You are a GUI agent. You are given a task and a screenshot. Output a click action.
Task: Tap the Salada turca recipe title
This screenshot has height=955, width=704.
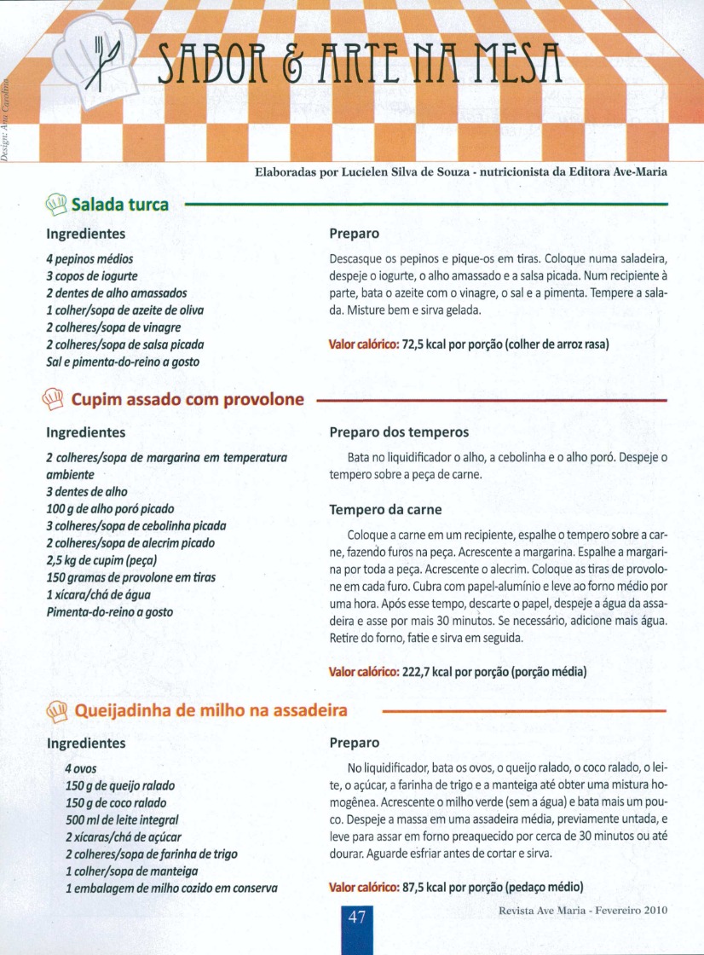pyautogui.click(x=119, y=205)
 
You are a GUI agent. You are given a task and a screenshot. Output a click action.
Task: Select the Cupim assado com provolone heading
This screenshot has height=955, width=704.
pyautogui.click(x=187, y=399)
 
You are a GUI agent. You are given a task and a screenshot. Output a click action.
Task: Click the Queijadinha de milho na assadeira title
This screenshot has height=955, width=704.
pyautogui.click(x=211, y=709)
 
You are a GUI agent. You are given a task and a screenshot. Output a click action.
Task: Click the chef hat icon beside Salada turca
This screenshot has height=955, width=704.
pyautogui.click(x=57, y=204)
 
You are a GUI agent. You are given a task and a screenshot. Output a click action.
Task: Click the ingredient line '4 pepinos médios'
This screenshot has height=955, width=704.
pyautogui.click(x=89, y=258)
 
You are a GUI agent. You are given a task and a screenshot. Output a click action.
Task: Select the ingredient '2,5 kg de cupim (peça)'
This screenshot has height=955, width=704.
pyautogui.click(x=101, y=560)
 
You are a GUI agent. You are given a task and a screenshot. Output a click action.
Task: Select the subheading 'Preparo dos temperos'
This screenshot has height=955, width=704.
pyautogui.click(x=399, y=433)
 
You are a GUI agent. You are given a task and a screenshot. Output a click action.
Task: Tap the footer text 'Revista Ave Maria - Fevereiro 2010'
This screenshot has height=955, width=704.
pyautogui.click(x=583, y=910)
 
